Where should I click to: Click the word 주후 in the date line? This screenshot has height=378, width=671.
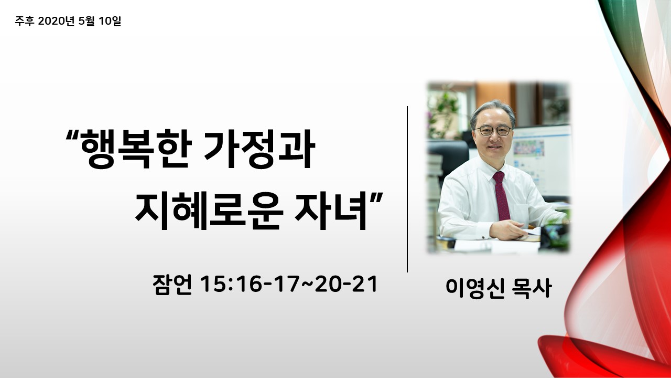(x=25, y=21)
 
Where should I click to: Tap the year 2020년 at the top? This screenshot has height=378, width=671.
(x=56, y=21)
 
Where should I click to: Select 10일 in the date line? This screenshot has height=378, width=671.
(x=110, y=21)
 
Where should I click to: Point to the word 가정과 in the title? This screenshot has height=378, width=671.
(x=259, y=149)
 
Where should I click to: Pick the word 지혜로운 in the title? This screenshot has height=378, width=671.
(x=209, y=211)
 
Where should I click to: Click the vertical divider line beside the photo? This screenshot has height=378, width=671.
(x=407, y=189)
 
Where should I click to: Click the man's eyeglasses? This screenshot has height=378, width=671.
(x=493, y=131)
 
